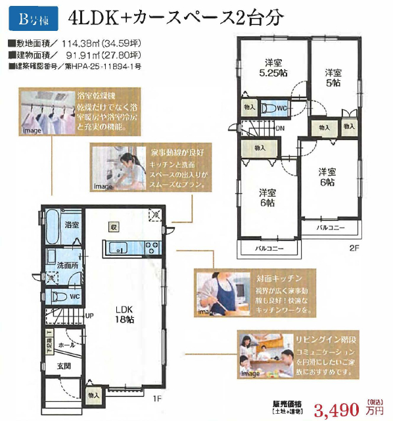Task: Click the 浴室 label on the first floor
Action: pyautogui.click(x=72, y=225)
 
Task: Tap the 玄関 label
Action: pyautogui.click(x=63, y=366)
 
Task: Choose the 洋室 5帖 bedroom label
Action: pyautogui.click(x=333, y=78)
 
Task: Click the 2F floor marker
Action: pyautogui.click(x=354, y=249)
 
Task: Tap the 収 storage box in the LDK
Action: pyautogui.click(x=114, y=228)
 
